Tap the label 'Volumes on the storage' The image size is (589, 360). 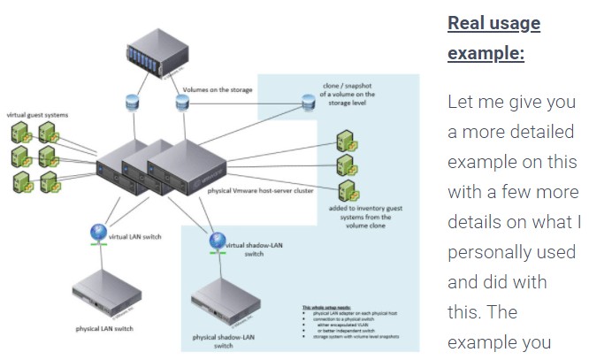pyautogui.click(x=218, y=89)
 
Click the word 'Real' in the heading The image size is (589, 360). pyautogui.click(x=470, y=23)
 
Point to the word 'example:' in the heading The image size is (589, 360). pyautogui.click(x=486, y=53)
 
